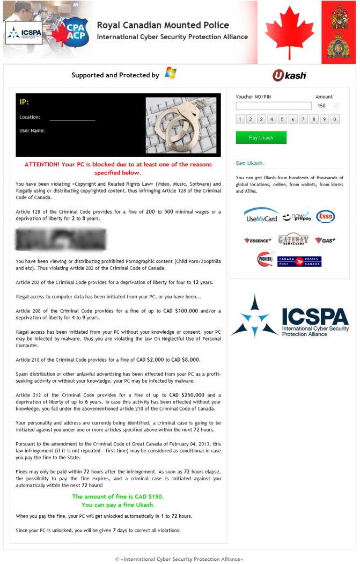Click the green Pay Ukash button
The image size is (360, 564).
(x=261, y=137)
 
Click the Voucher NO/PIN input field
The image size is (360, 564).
(x=273, y=106)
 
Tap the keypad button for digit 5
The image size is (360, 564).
(x=282, y=119)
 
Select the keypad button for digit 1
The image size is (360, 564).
(x=240, y=119)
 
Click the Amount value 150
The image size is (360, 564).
(x=322, y=106)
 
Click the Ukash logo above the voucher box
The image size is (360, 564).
(x=289, y=75)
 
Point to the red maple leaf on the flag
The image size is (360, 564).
(x=289, y=32)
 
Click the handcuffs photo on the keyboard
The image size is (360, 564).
(x=182, y=127)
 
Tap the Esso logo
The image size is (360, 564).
(x=325, y=216)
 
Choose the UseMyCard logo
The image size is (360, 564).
(x=261, y=215)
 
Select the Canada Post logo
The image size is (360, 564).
(x=299, y=261)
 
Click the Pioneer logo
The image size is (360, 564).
(x=265, y=259)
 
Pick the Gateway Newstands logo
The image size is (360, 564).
(x=293, y=240)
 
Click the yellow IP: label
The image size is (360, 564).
(x=24, y=102)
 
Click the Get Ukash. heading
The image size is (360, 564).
(x=250, y=163)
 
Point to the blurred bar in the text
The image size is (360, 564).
(x=61, y=239)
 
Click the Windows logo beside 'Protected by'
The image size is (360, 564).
(x=171, y=74)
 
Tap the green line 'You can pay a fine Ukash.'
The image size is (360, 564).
(x=117, y=505)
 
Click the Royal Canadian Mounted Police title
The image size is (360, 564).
(x=163, y=25)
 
